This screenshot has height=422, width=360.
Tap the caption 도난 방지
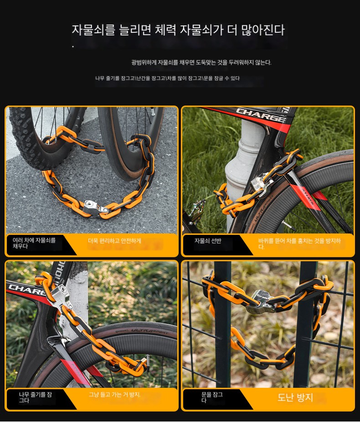[x=295, y=397]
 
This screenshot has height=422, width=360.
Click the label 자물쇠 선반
[x=208, y=241]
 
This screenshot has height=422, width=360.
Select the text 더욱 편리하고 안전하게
[x=114, y=241]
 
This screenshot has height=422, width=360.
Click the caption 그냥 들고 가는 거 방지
[x=115, y=395]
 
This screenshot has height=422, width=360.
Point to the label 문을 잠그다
[x=212, y=397]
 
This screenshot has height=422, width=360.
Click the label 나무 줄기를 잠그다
[x=35, y=397]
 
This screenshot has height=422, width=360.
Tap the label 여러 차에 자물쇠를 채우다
[x=34, y=243]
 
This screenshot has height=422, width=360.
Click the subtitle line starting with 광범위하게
[x=201, y=63]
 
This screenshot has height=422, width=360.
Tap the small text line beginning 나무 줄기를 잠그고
[x=167, y=78]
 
